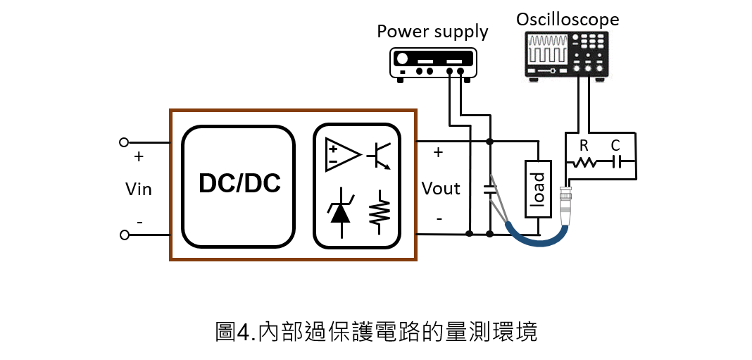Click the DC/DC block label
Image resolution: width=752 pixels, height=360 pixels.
pyautogui.click(x=239, y=184)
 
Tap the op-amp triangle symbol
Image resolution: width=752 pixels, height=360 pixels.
pyautogui.click(x=341, y=154)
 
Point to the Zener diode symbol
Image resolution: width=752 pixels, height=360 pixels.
pyautogui.click(x=341, y=211)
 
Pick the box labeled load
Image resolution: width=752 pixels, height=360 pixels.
pyautogui.click(x=539, y=190)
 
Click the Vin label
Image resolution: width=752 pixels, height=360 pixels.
pyautogui.click(x=138, y=189)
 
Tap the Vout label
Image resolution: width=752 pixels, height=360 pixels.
pyautogui.click(x=441, y=188)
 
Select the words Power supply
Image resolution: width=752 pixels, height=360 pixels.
pyautogui.click(x=432, y=32)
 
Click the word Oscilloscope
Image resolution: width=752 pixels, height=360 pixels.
pyautogui.click(x=568, y=19)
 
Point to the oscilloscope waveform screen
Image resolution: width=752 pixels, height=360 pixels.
pyautogui.click(x=547, y=49)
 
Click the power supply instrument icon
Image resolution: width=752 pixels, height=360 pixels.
pyautogui.click(x=432, y=64)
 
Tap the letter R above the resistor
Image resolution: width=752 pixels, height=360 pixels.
pyautogui.click(x=584, y=146)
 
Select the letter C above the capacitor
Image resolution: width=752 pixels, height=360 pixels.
pyautogui.click(x=616, y=146)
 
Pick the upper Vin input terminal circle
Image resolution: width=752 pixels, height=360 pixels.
pyautogui.click(x=124, y=142)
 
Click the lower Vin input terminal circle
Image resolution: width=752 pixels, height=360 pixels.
pyautogui.click(x=124, y=235)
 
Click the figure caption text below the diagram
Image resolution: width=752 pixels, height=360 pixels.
pyautogui.click(x=376, y=332)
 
